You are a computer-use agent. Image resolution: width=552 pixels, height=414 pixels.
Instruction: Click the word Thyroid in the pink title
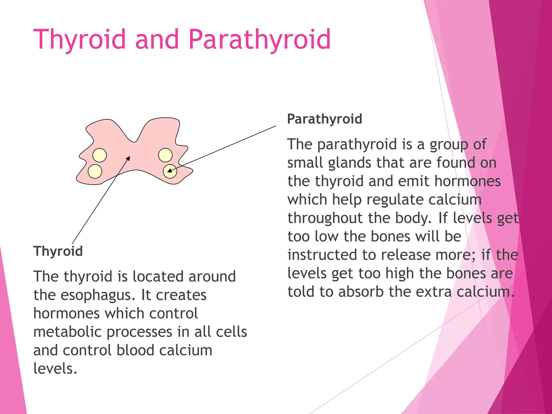(x=80, y=40)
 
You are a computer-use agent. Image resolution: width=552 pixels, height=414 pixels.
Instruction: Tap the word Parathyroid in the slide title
(x=260, y=40)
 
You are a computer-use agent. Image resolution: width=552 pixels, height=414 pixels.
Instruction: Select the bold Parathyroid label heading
(x=325, y=119)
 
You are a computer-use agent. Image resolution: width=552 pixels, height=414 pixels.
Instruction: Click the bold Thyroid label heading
(x=58, y=251)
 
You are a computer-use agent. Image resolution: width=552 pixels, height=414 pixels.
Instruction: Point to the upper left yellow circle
(x=99, y=155)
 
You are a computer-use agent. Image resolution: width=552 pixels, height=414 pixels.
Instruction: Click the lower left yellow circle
(x=95, y=171)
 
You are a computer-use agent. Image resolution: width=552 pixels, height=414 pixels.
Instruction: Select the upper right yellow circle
(x=165, y=155)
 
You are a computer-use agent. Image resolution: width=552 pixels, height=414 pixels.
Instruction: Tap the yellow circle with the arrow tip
(x=170, y=171)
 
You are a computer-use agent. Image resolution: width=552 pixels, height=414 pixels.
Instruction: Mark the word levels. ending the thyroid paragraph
(x=55, y=369)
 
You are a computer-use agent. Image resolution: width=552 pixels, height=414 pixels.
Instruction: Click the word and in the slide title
(x=157, y=40)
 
